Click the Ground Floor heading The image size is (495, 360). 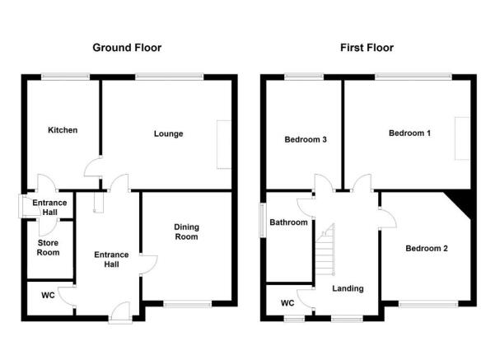tap(127, 48)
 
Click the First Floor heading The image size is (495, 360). tap(367, 48)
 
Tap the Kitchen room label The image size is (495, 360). tap(63, 130)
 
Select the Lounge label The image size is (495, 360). tap(168, 134)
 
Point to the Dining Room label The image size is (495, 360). tap(187, 231)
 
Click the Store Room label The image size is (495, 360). tap(48, 248)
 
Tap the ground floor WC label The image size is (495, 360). tap(48, 295)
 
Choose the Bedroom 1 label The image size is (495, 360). tap(409, 133)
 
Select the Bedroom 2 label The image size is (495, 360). tap(427, 249)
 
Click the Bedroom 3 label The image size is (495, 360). tap(306, 139)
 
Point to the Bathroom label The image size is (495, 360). tap(288, 222)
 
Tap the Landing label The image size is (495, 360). tap(348, 288)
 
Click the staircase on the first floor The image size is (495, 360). tap(325, 250)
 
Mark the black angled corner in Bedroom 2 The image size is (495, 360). tap(462, 202)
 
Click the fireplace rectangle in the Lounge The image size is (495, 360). tap(224, 144)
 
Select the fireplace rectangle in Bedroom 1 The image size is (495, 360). tap(462, 138)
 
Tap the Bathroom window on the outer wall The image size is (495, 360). tap(262, 220)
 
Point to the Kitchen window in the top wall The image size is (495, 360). tap(65, 77)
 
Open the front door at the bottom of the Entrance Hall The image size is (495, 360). tap(119, 313)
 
